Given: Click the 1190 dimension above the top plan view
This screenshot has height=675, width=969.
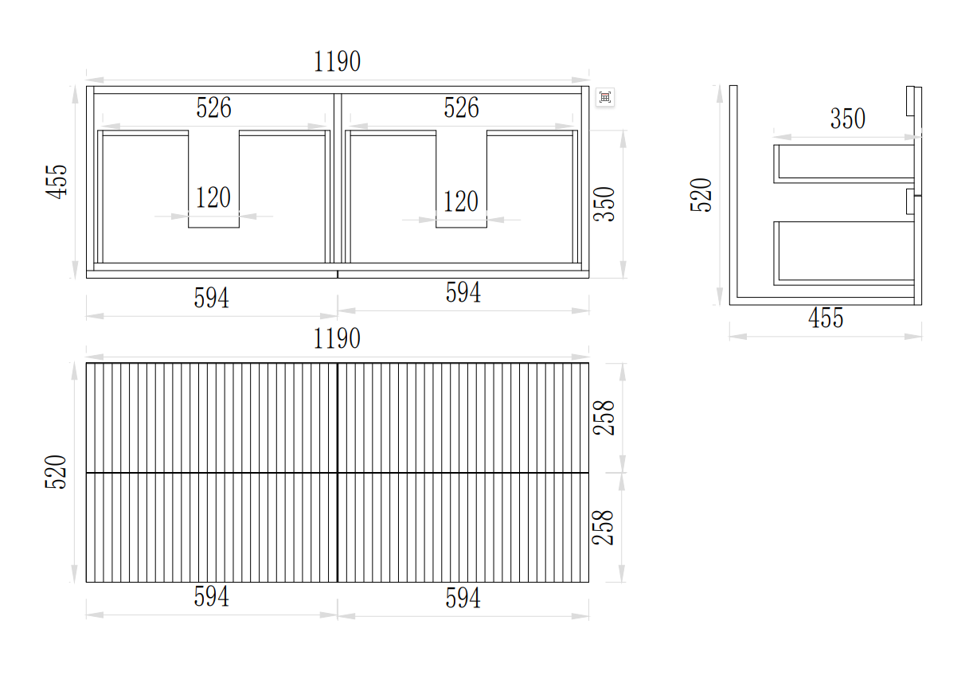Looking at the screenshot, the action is [337, 61].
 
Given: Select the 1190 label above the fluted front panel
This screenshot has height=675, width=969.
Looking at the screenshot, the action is [337, 338].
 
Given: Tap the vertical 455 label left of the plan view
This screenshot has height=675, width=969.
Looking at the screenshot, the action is [57, 181].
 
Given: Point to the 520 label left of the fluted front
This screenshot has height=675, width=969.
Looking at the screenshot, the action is [56, 472].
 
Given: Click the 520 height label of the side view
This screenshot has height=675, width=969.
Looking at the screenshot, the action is [701, 195].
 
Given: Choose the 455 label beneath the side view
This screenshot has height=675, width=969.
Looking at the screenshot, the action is [826, 318].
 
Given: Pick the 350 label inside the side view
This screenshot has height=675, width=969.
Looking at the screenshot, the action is [848, 119].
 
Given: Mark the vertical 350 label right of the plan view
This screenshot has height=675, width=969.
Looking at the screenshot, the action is [604, 204].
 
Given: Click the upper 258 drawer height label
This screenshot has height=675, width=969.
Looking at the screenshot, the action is [604, 418].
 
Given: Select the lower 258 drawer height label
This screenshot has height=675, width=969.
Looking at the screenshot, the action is [603, 528].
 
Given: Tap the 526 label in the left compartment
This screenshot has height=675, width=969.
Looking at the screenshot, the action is [213, 107].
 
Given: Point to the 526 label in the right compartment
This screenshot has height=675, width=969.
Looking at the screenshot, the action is [462, 107].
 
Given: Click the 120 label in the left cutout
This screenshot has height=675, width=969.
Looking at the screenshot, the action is [213, 197].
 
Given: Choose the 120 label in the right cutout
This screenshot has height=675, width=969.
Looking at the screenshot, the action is [461, 201].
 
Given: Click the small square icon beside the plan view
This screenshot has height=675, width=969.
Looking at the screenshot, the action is [605, 97].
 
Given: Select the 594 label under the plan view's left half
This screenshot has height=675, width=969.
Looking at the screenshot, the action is [212, 298].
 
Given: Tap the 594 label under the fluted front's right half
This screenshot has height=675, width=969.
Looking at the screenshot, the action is [463, 599].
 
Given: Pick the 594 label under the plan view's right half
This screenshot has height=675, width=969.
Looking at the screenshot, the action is [463, 292].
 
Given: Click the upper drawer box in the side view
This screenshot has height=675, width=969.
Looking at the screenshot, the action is [843, 164].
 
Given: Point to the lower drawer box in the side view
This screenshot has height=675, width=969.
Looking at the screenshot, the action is [843, 253].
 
